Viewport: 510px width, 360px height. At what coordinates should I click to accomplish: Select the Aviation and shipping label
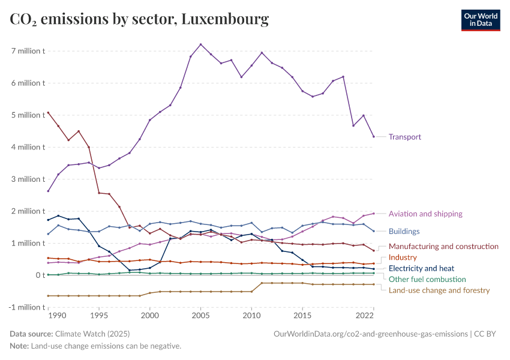[425, 214]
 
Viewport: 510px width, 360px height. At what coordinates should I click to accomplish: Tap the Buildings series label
[404, 231]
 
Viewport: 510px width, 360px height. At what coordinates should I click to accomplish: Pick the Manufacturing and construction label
[443, 246]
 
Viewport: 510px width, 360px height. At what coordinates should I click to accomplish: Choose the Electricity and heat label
[421, 268]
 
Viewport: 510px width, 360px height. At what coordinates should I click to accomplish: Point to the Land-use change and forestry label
[439, 290]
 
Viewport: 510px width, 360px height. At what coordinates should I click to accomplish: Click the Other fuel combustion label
[427, 279]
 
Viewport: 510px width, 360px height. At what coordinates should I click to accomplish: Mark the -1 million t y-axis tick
[26, 307]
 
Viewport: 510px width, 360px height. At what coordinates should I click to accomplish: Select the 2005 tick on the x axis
[200, 315]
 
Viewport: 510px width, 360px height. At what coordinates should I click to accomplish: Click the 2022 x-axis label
[365, 315]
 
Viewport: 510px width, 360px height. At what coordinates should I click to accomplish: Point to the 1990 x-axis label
[56, 315]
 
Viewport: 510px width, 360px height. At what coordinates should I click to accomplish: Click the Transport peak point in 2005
[200, 44]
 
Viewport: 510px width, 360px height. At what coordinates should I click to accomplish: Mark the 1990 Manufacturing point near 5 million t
[48, 112]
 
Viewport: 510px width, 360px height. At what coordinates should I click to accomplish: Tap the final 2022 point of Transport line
[373, 137]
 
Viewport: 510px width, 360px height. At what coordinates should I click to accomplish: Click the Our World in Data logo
[480, 20]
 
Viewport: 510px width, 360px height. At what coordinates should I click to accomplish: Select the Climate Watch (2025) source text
[92, 334]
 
